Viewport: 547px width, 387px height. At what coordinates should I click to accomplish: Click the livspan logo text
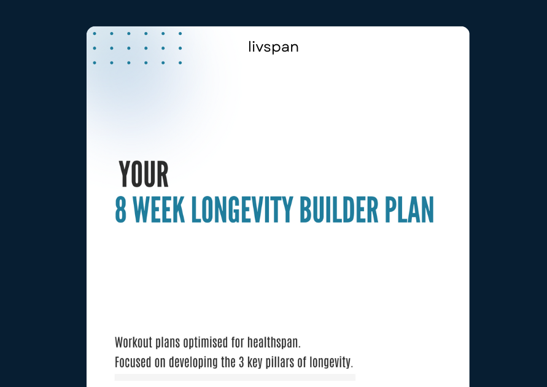click(274, 47)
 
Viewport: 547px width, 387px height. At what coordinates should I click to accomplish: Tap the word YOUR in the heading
click(144, 174)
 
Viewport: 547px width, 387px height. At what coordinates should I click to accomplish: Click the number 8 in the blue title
click(121, 209)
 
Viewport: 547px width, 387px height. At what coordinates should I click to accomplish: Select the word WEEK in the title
click(159, 209)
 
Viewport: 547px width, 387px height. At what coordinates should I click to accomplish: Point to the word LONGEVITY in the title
click(242, 209)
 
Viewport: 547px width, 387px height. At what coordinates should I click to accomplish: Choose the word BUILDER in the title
click(339, 209)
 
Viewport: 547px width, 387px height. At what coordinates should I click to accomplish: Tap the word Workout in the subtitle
click(134, 342)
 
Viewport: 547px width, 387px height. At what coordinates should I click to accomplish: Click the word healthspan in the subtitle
click(274, 343)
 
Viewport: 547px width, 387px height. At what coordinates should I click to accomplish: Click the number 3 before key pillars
click(241, 362)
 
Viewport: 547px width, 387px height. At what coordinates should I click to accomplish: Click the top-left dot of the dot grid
click(95, 34)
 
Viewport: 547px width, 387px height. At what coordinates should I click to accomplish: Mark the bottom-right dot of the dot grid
click(180, 63)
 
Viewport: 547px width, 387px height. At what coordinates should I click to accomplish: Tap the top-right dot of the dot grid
click(180, 34)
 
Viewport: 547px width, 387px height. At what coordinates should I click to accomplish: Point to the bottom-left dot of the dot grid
click(95, 63)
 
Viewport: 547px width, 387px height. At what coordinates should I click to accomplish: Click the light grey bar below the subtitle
click(235, 377)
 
